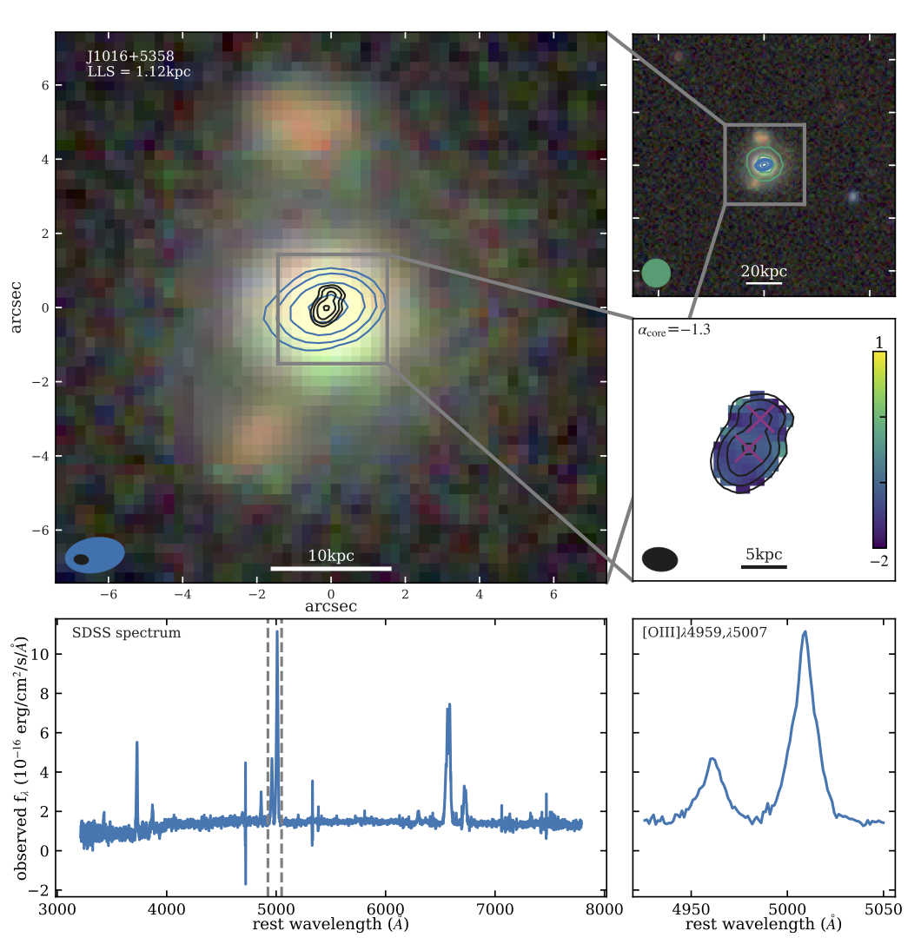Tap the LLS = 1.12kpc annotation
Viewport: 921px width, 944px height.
138,72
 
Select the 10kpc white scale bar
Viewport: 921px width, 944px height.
331,568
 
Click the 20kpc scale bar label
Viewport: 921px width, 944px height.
763,270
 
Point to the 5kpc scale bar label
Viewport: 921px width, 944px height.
764,554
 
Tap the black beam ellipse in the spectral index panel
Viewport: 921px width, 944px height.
660,559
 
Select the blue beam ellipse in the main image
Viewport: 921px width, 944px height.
96,555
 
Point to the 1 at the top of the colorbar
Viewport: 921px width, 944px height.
879,341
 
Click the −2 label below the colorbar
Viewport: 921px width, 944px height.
878,561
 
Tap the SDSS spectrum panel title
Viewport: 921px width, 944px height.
126,633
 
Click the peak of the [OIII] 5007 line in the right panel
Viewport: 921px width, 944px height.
805,632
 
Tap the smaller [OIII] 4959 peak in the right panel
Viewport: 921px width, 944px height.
712,759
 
